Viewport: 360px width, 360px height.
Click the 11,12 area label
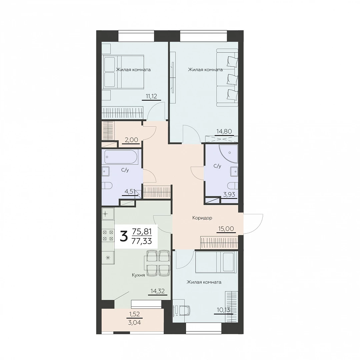[x=151, y=96]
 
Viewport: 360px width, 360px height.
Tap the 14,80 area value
[x=224, y=131]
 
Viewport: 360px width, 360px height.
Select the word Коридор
[x=202, y=218]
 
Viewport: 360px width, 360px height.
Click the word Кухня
[x=138, y=275]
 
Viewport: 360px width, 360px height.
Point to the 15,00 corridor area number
[x=226, y=228]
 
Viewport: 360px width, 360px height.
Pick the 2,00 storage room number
[x=131, y=140]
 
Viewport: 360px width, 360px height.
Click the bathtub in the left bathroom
[x=121, y=157]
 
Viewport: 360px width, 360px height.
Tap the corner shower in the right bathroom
[x=228, y=153]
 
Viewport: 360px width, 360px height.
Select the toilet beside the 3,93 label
[x=232, y=186]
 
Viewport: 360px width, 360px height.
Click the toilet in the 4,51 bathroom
[x=107, y=186]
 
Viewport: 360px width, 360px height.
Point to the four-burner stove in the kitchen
[x=108, y=235]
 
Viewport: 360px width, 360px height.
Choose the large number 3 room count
[x=124, y=237]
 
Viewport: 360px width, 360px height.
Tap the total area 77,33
[x=142, y=241]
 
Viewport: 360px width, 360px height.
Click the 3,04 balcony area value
[x=134, y=323]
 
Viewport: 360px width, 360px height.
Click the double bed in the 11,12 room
[x=123, y=72]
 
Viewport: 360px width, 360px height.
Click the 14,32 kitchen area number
[x=157, y=291]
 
